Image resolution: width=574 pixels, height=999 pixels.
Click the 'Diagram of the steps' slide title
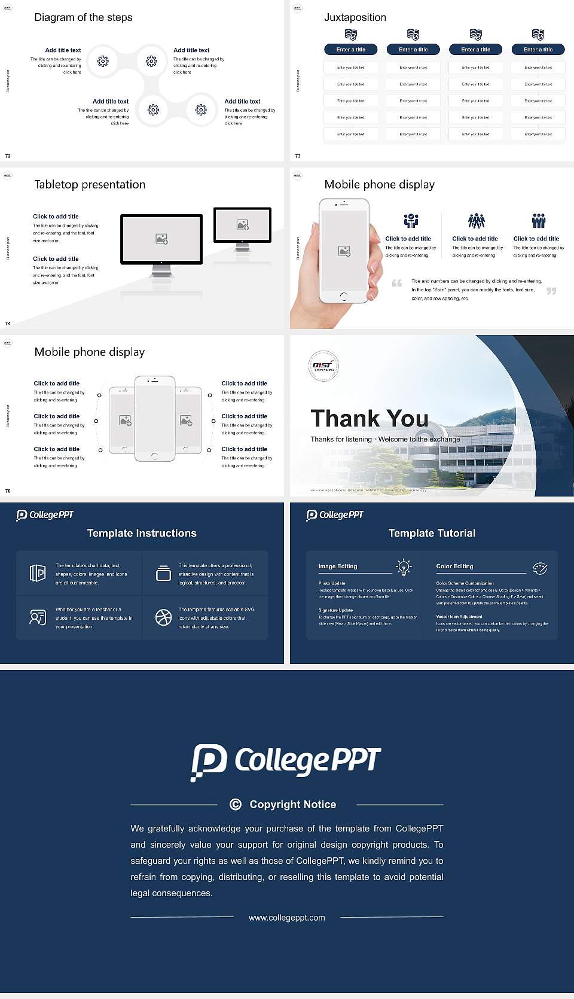(83, 17)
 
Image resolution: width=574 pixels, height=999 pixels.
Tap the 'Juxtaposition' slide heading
(355, 17)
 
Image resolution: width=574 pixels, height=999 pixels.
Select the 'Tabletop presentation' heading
(90, 184)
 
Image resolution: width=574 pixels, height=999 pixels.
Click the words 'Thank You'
(370, 418)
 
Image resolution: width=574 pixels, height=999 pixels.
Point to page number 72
(8, 156)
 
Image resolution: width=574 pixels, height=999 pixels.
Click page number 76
(8, 491)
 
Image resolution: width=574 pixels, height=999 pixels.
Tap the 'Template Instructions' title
(142, 533)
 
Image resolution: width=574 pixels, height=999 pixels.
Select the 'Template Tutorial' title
(432, 533)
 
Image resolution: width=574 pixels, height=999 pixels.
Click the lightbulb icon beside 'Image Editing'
(404, 567)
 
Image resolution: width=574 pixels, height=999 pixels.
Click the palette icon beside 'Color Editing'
(540, 568)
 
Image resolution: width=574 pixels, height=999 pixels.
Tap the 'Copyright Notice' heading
(292, 805)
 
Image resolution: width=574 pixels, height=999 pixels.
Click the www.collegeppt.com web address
(287, 918)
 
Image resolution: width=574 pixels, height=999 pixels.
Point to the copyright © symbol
(236, 805)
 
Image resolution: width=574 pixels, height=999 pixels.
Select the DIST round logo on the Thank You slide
(323, 365)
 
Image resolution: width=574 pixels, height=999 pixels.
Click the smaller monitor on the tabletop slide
(242, 226)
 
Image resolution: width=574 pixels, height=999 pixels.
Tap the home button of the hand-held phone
(343, 296)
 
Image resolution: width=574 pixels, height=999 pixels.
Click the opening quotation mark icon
(396, 283)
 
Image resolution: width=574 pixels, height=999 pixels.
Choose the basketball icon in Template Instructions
(163, 617)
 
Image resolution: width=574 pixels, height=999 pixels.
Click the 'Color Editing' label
(454, 566)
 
